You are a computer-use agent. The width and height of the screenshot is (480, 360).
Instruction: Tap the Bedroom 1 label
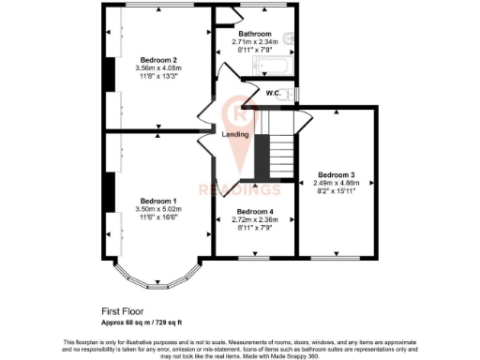pyautogui.click(x=158, y=201)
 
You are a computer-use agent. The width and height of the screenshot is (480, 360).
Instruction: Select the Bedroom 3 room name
pyautogui.click(x=336, y=174)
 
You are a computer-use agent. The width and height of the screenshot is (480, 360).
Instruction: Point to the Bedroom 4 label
pyautogui.click(x=254, y=211)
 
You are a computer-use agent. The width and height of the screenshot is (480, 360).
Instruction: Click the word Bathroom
pyautogui.click(x=254, y=34)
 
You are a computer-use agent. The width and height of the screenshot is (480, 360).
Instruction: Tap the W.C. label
pyautogui.click(x=275, y=93)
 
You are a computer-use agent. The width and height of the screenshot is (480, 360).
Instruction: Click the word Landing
pyautogui.click(x=234, y=135)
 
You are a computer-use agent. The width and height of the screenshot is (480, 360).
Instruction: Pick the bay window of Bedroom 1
pyautogui.click(x=153, y=279)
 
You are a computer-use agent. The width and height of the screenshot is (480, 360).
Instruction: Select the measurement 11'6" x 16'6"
pyautogui.click(x=158, y=217)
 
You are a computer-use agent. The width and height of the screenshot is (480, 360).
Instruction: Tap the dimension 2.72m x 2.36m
pyautogui.click(x=254, y=219)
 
